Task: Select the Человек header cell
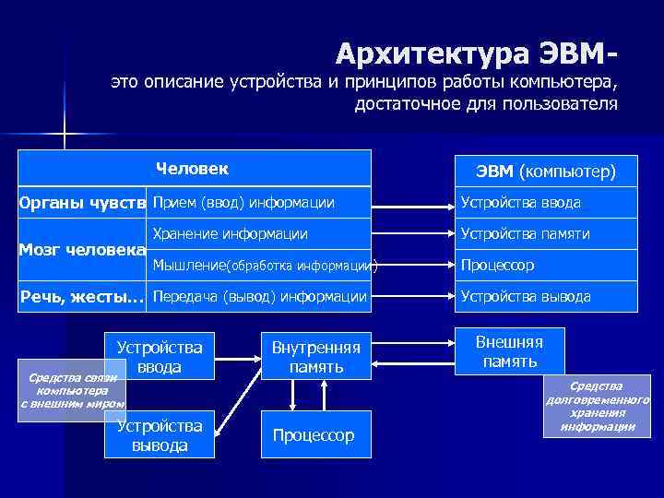coord(193,169)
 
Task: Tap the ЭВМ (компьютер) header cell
coord(545,172)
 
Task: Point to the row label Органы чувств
coord(83,203)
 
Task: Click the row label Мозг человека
coord(83,250)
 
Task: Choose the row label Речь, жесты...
coord(83,297)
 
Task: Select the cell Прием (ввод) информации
coord(243,203)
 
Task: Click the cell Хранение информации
coord(231,234)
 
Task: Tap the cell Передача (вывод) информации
coord(259,297)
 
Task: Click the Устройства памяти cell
coord(525,234)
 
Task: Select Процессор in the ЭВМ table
coord(497,266)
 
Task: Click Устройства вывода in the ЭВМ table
coord(526,297)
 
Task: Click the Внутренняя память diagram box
coord(316,356)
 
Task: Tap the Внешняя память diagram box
coord(509,351)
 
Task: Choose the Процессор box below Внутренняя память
coord(314,435)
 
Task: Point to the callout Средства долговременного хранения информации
coord(597,407)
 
